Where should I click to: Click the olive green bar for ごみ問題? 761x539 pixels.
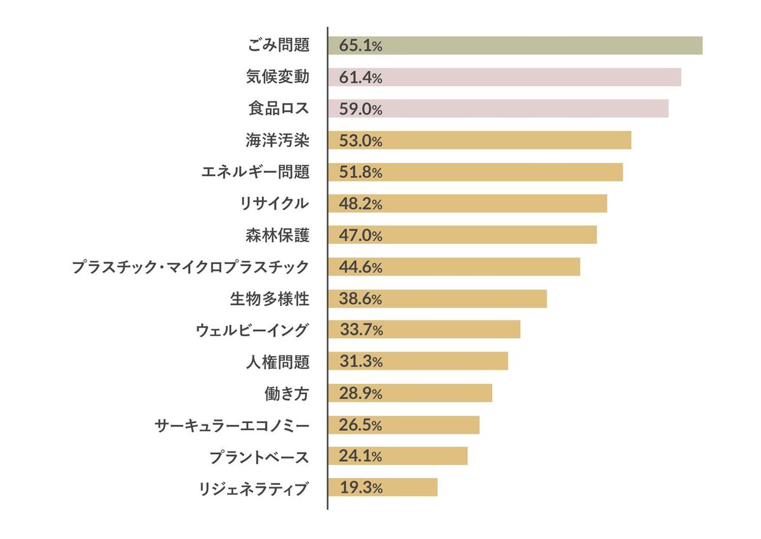click(515, 46)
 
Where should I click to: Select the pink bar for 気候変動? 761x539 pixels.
click(504, 77)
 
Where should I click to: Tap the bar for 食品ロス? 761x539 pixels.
click(498, 109)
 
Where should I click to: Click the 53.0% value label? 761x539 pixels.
click(360, 141)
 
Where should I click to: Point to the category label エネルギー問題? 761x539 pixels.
click(255, 172)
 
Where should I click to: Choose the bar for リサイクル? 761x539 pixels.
click(467, 203)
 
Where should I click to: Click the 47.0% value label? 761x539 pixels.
click(360, 236)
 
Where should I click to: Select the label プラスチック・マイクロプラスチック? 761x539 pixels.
click(190, 267)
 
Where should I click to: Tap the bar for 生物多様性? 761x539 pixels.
click(437, 298)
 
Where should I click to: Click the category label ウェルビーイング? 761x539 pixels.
click(252, 330)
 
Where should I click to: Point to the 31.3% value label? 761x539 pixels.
click(360, 362)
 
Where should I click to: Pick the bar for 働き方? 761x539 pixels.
click(410, 393)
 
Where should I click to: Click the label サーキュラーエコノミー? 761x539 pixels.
click(232, 425)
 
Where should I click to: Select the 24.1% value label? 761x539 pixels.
click(360, 457)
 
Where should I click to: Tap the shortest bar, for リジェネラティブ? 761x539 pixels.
click(382, 488)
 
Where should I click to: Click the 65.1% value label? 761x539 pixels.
click(360, 46)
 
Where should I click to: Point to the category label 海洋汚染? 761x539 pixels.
click(278, 141)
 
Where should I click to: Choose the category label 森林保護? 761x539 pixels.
click(278, 236)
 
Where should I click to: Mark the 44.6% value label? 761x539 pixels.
click(360, 267)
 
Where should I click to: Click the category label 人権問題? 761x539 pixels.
click(278, 362)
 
